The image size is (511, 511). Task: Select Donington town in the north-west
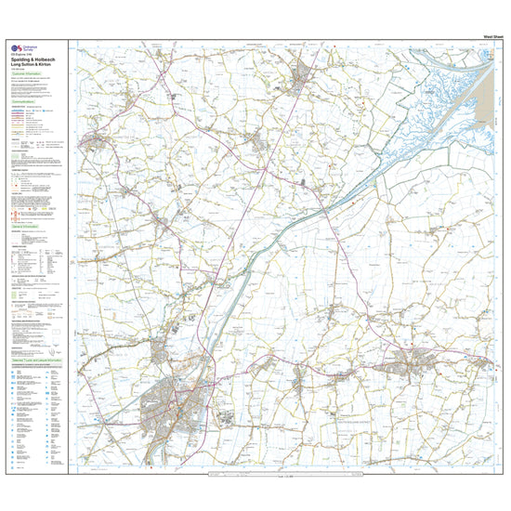point(93,142)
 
